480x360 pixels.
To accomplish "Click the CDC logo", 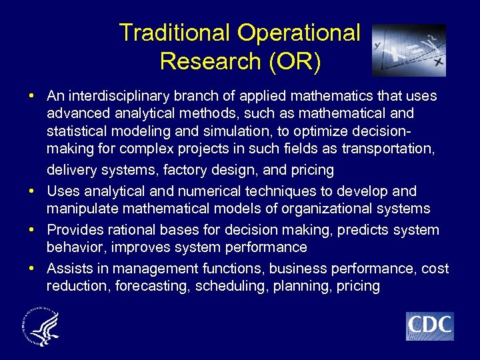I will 429,326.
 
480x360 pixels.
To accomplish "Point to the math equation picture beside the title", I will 409,50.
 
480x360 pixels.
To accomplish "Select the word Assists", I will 67,269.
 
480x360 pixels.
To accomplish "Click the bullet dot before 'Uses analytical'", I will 32,191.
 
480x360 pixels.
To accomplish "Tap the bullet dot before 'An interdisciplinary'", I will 32,96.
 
